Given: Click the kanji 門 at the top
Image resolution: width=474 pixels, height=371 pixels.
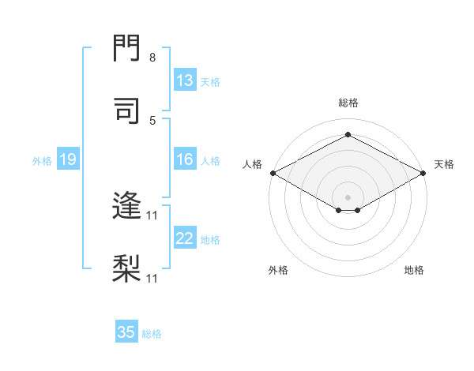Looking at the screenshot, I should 126,50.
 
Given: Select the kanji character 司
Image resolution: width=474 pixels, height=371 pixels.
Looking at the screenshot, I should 126,111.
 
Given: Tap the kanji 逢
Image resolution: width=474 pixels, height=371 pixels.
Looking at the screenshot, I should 126,207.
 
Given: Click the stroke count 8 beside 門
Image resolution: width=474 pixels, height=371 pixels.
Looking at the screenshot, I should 152,58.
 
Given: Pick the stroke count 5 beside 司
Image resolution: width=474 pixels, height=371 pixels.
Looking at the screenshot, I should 152,120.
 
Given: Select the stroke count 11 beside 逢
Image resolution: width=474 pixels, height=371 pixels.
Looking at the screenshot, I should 152,215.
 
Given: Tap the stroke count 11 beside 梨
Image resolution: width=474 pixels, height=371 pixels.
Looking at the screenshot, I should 152,278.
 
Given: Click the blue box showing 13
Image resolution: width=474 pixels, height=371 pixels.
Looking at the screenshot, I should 185,81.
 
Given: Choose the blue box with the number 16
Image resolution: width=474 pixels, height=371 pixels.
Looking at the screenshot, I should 185,160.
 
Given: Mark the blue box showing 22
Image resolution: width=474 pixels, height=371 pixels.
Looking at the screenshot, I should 185,238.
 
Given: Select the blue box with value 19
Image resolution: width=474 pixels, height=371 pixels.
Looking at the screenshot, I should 68,160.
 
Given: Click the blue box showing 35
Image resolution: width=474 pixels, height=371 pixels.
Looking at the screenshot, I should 126,332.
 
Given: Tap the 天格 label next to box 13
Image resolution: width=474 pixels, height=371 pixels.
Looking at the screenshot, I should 210,81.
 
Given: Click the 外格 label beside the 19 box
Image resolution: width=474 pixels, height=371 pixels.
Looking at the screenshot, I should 42,161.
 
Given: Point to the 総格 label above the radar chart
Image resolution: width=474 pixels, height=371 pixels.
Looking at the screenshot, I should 348,103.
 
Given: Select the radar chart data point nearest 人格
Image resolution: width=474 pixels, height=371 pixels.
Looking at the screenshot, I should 272,172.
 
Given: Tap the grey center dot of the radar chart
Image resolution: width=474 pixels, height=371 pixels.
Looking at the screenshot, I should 348,197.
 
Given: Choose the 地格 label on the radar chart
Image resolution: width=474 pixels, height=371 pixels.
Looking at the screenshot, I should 414,270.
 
